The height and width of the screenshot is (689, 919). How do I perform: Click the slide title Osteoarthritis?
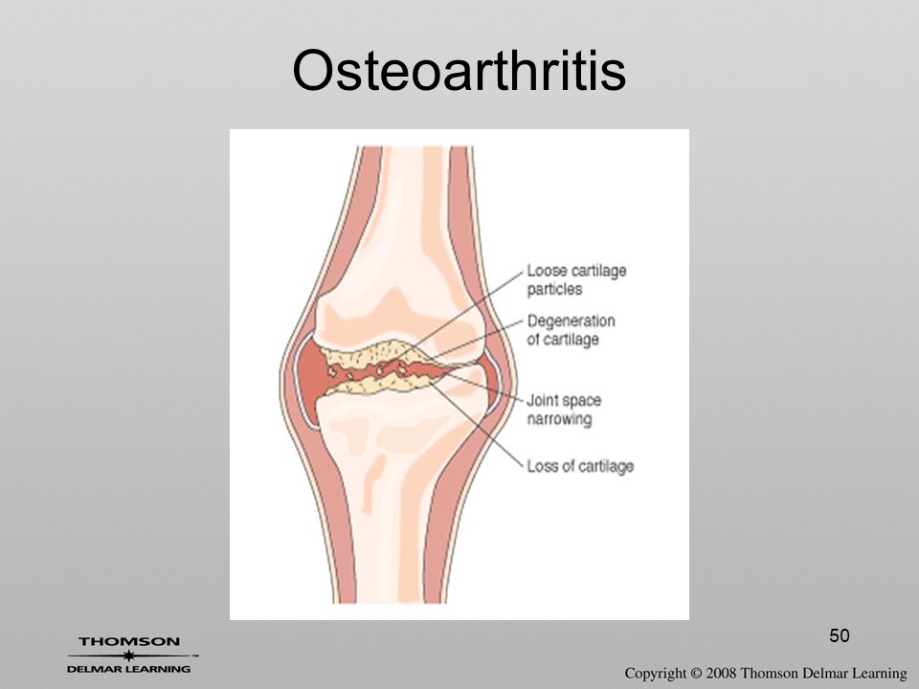[459, 70]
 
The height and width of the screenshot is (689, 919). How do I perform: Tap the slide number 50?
[840, 635]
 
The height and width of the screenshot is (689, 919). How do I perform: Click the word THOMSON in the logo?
[129, 641]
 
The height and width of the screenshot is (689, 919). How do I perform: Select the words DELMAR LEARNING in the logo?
[129, 669]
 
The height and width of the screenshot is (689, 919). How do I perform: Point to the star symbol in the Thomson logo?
[129, 656]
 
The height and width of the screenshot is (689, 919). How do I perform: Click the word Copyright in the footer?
[655, 674]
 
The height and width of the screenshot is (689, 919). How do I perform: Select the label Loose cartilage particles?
[576, 280]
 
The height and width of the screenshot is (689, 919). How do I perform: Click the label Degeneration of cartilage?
[571, 330]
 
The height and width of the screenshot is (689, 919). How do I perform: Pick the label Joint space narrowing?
[564, 410]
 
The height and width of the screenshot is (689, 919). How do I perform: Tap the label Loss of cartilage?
[580, 466]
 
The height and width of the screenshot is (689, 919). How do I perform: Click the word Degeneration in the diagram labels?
[571, 322]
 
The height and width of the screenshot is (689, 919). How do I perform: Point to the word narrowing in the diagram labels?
[559, 419]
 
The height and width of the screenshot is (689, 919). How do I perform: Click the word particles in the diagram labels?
[554, 289]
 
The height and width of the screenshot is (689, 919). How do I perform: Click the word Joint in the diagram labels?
[541, 400]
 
